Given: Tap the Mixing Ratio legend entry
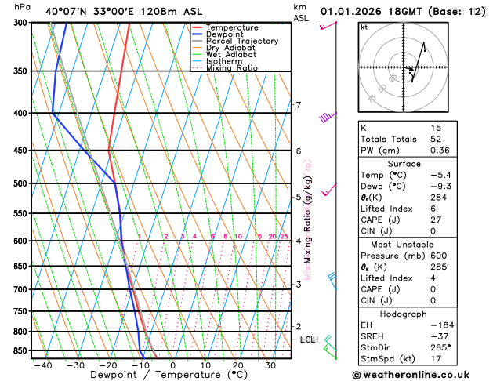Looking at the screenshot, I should coord(231,68).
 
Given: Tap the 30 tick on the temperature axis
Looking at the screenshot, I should coord(270,365).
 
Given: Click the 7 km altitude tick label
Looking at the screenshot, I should coord(298,105).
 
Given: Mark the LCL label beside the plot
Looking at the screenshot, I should coord(307,339).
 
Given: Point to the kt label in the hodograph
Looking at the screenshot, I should coord(364,27).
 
